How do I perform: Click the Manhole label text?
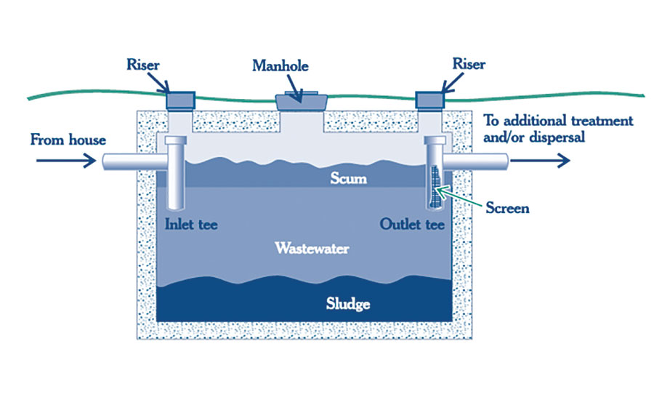280,66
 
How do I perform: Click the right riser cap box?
430,98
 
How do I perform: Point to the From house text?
68,139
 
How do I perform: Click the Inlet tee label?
191,224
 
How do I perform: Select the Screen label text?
507,208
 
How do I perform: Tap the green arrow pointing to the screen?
462,199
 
